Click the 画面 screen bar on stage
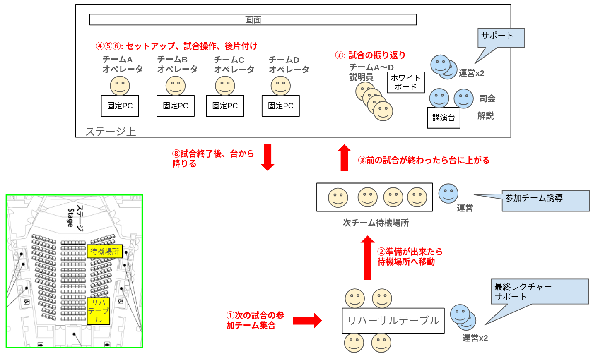point(253,19)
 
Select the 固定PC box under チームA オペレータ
point(120,106)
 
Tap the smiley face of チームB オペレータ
point(176,86)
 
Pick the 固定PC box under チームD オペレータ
point(281,106)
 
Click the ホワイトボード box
point(405,82)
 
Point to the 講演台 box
point(444,118)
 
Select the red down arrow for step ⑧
point(268,157)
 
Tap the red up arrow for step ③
point(344,158)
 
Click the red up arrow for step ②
point(367,258)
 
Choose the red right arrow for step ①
point(307,321)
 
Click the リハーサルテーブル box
point(393,321)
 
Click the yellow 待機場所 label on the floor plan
point(105,251)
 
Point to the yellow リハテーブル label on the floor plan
point(99,311)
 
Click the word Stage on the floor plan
point(70,217)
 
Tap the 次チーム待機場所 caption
point(376,223)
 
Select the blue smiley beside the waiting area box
point(448,193)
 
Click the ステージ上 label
point(111,132)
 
